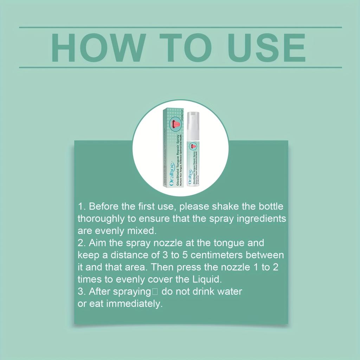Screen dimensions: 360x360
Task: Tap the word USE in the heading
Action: click(x=268, y=48)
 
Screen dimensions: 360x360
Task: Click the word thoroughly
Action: click(x=101, y=218)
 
